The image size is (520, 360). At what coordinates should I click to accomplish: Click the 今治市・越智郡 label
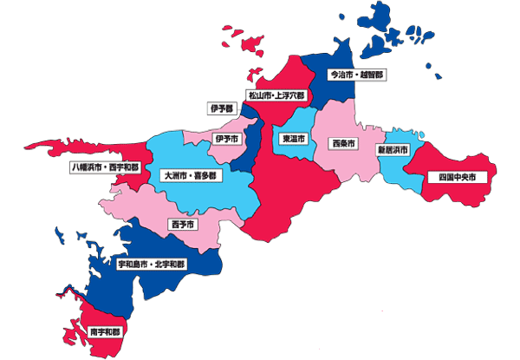[x=356, y=75]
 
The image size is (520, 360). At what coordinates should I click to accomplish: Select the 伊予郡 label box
[x=221, y=108]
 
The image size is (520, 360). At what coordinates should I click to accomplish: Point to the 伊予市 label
[x=227, y=138]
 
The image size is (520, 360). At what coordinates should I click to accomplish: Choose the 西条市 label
[x=344, y=143]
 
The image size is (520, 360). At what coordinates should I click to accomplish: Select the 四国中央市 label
[x=457, y=177]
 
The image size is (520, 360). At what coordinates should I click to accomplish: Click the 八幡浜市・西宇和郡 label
[x=104, y=166]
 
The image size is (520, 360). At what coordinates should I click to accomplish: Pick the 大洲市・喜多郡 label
[x=191, y=175]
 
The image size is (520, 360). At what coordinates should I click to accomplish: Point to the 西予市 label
[x=182, y=225]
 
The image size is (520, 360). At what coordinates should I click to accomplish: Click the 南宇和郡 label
[x=105, y=331]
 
